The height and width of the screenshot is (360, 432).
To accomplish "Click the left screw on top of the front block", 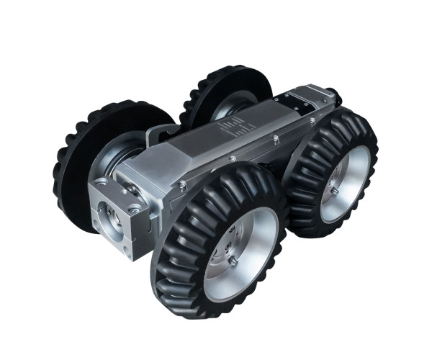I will [x=103, y=181].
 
